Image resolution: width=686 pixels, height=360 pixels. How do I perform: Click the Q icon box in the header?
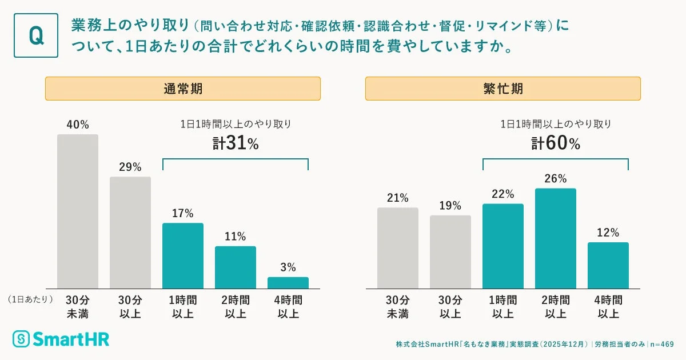pos(36,35)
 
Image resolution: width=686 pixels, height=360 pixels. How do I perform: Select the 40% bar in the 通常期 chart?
pos(78,211)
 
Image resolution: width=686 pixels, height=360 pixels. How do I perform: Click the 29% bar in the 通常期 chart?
pos(130,233)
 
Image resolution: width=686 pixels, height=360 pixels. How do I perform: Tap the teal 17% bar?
pos(183,255)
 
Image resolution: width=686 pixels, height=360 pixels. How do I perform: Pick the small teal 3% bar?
pos(288,283)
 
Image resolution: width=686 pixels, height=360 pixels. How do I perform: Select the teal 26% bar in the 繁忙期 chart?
pos(556,238)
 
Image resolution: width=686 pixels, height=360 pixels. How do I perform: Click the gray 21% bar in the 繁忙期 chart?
pos(398,248)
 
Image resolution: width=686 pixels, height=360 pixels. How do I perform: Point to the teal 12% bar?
pos(608,265)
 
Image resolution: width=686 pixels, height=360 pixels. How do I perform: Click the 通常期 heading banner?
pos(183,89)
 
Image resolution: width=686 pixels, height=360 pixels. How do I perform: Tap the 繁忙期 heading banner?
pos(503,89)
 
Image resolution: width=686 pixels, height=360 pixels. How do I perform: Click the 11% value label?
pos(236,236)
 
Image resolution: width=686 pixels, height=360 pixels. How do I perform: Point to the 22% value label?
pos(503,194)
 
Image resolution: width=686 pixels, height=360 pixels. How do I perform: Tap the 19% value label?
pos(450,205)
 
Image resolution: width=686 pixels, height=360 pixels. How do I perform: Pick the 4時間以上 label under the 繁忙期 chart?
pos(608,307)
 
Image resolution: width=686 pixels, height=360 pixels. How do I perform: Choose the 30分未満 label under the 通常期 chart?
pos(78,307)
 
